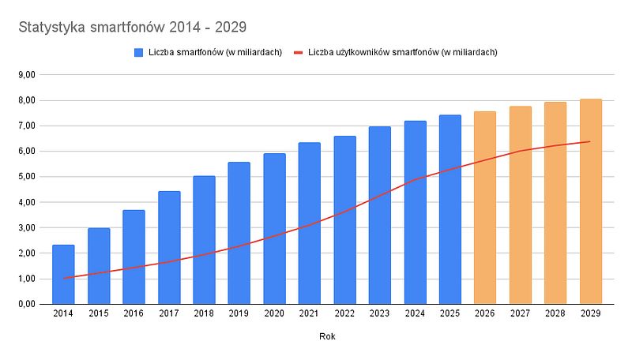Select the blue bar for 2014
point(63,274)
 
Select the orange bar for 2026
point(485,208)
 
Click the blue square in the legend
point(139,52)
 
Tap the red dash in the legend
point(299,52)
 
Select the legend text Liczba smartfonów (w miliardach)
point(215,52)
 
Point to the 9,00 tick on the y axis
point(26,75)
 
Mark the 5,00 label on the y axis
point(26,177)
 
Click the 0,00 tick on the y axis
point(26,304)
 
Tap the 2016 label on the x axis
point(134,313)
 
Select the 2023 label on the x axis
point(380,313)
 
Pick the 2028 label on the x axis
point(555,313)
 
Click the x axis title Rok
point(327,337)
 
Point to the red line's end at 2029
point(590,141)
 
